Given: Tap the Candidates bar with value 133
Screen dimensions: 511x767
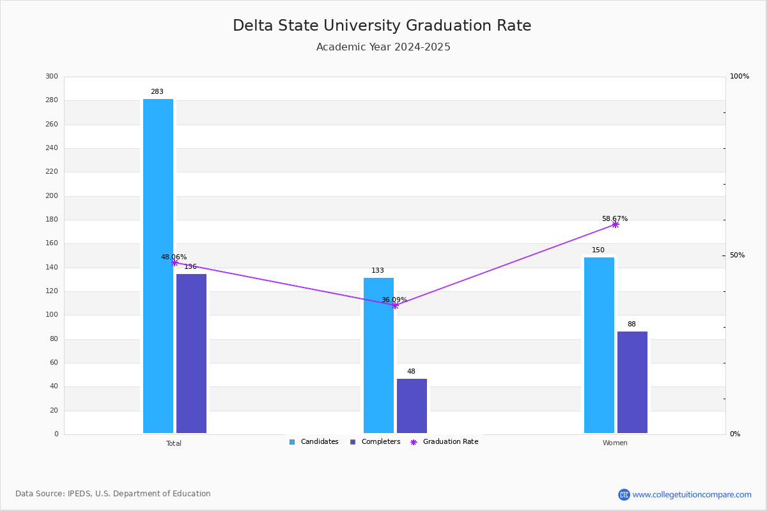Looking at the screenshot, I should [x=378, y=355].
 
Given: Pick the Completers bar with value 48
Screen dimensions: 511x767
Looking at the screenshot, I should [x=412, y=406].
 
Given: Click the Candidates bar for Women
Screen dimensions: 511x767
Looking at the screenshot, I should [x=599, y=345].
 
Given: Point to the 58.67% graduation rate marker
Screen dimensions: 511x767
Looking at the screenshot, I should [x=615, y=224].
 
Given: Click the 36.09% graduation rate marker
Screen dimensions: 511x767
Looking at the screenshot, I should [x=395, y=305].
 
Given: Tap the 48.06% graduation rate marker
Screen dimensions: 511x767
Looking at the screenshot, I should [x=174, y=263].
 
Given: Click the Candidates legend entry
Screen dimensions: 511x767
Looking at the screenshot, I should [x=314, y=442].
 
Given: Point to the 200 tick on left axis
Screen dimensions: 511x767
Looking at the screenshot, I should [x=51, y=196].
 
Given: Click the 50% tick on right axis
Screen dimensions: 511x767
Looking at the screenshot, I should [x=737, y=256].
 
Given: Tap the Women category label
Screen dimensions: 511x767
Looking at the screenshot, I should [x=615, y=443].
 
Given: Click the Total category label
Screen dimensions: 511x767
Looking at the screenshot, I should [x=174, y=443].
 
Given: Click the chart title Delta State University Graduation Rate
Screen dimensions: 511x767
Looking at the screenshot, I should [x=382, y=26].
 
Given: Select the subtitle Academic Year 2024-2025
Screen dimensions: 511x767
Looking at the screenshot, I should [x=383, y=47].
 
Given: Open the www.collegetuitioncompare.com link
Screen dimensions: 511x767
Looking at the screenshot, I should [x=692, y=494].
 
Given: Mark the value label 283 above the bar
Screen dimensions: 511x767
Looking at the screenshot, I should [x=157, y=92].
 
